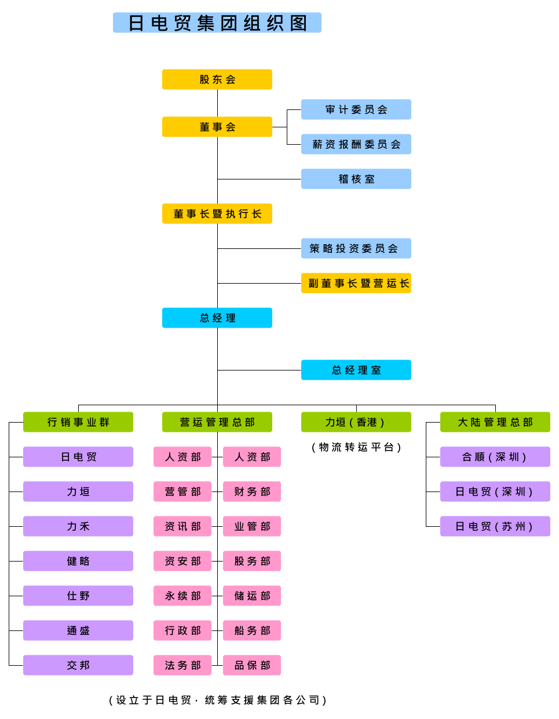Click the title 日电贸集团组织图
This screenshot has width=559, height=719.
click(x=217, y=23)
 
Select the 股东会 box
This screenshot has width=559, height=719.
click(x=217, y=79)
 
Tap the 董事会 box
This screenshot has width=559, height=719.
click(x=217, y=127)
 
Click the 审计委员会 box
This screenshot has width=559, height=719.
click(x=356, y=109)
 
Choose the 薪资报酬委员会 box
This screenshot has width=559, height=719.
click(x=356, y=144)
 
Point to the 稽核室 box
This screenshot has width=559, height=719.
click(x=356, y=179)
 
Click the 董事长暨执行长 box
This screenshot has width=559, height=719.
click(x=217, y=214)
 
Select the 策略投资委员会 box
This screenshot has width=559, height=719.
click(x=356, y=248)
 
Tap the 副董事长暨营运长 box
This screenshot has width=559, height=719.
click(x=356, y=283)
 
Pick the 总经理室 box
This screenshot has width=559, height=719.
click(x=356, y=370)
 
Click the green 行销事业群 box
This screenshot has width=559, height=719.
click(x=78, y=422)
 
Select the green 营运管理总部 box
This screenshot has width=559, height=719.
click(x=217, y=422)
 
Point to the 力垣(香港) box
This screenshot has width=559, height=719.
click(x=356, y=422)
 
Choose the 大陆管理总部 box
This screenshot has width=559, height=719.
click(x=495, y=422)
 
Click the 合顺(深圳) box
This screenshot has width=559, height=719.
click(x=495, y=457)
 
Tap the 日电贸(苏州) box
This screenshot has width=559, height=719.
click(x=495, y=526)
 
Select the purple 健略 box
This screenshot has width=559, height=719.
click(x=78, y=561)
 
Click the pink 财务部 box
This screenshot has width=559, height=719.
click(x=252, y=491)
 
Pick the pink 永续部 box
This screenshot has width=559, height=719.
click(x=182, y=596)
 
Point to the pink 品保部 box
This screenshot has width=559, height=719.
click(x=252, y=665)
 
